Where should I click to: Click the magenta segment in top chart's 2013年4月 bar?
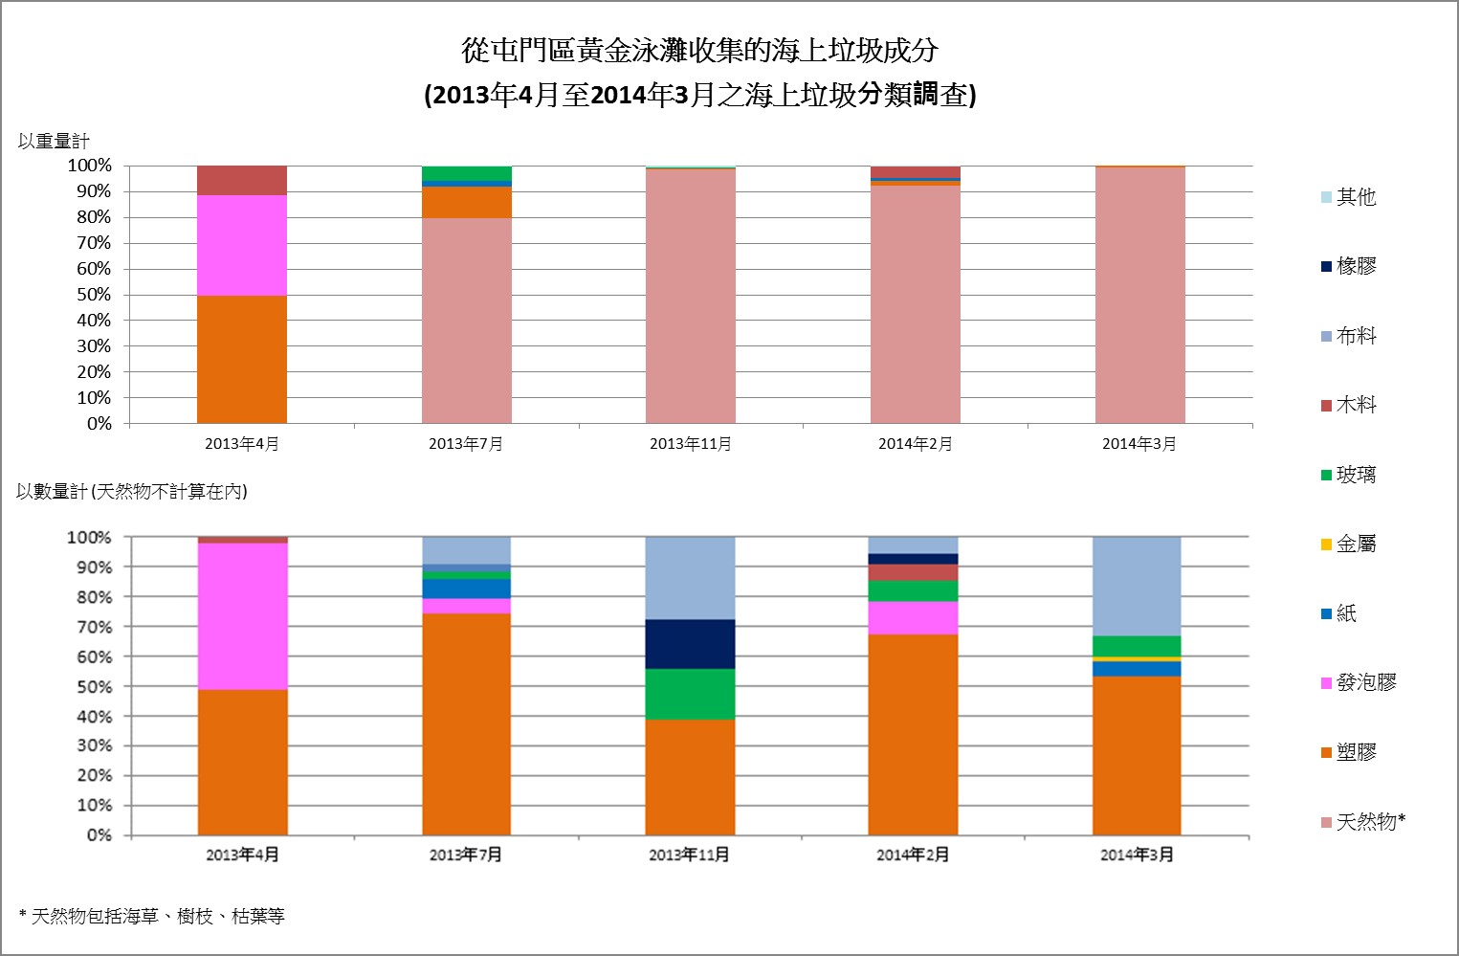pos(242,245)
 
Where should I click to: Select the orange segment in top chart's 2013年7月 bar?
pos(467,202)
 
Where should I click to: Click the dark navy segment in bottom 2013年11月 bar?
pos(690,644)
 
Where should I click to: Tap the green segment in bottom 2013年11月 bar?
pos(690,694)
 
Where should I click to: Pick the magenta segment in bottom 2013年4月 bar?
pos(242,615)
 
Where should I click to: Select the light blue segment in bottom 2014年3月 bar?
pos(1137,586)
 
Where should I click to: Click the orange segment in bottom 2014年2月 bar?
pos(913,734)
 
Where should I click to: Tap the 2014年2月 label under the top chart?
pos(916,444)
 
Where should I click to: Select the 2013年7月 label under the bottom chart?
pos(466,855)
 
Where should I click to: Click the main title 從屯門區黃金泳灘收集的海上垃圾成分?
pos(699,50)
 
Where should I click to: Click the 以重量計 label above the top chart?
pos(54,142)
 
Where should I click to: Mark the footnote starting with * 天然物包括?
pos(152,916)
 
